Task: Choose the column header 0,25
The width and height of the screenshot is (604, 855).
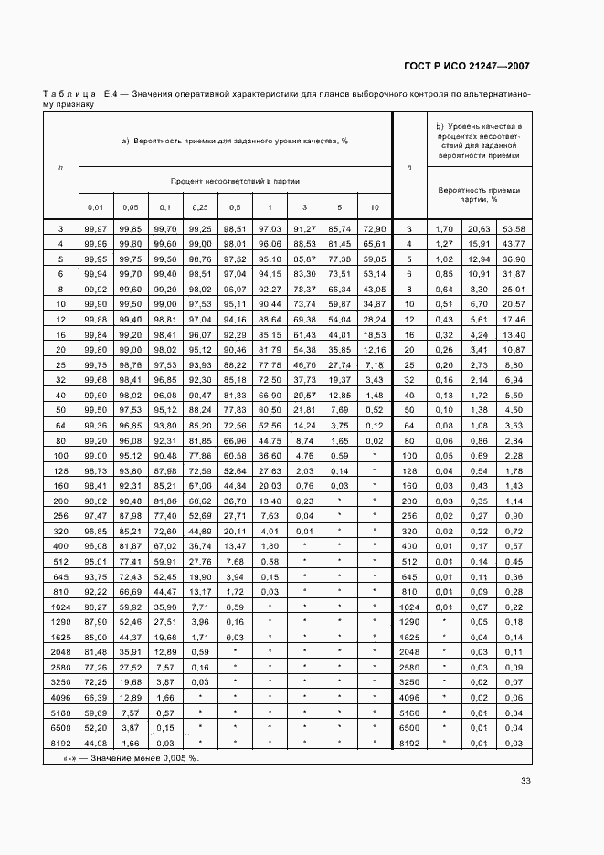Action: click(199, 206)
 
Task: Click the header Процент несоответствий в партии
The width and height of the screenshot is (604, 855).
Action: click(236, 181)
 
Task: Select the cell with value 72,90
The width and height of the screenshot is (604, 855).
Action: click(374, 228)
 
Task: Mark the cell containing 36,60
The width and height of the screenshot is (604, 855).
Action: click(270, 454)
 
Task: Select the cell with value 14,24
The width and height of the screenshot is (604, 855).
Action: click(304, 425)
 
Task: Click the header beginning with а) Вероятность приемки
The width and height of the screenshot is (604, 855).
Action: click(236, 141)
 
